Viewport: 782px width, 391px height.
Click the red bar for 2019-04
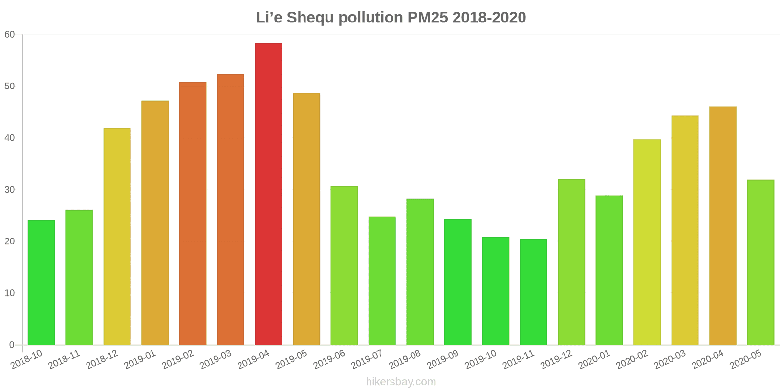click(268, 194)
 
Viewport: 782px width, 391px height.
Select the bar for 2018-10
click(42, 282)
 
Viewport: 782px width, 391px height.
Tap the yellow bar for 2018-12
click(117, 237)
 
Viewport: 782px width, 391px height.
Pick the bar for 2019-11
click(533, 292)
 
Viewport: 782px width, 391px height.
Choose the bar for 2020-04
click(722, 226)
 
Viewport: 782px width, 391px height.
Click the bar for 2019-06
click(344, 265)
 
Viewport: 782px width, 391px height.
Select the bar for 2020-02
click(647, 242)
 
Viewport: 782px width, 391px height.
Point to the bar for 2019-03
click(231, 210)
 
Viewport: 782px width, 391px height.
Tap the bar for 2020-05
click(760, 262)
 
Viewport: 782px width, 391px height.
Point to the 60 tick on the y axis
click(10, 35)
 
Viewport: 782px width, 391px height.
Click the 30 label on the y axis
click(10, 190)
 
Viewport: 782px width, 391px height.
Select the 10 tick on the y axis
click(10, 293)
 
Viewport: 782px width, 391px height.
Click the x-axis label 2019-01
click(140, 360)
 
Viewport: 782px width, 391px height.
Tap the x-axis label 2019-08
click(405, 360)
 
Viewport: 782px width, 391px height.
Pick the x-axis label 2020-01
click(594, 360)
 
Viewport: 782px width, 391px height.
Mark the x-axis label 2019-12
click(556, 360)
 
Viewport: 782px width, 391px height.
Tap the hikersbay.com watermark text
click(401, 382)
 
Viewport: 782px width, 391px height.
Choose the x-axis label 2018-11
click(65, 360)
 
